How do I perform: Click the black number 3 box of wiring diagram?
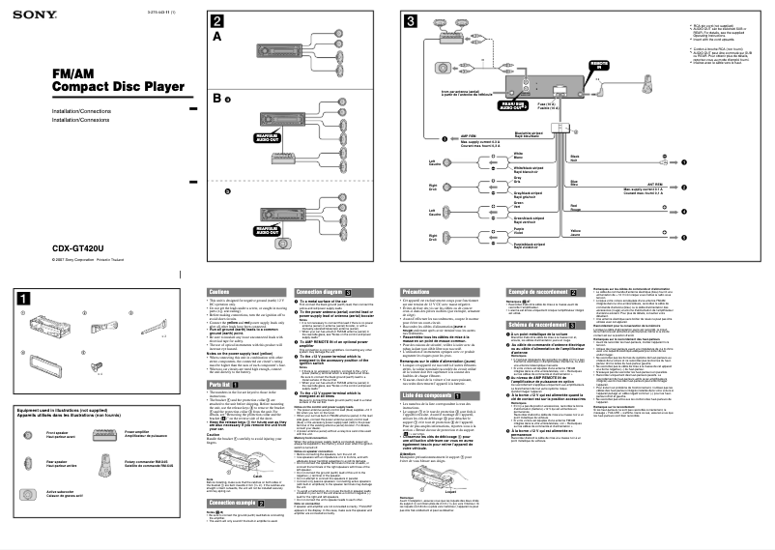click(411, 22)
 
